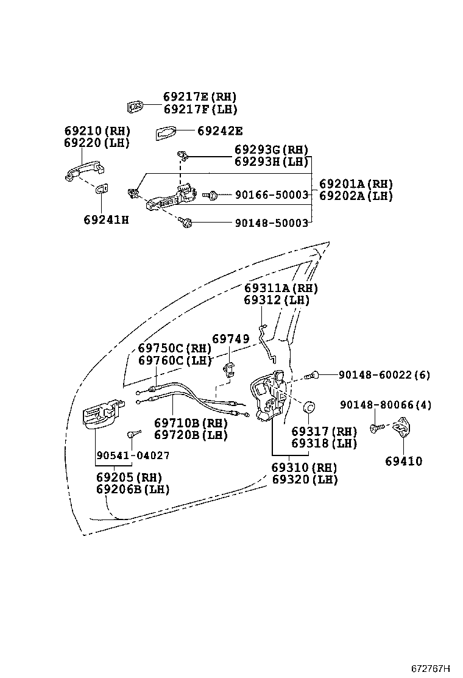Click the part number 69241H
pyautogui.click(x=106, y=220)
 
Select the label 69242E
pyautogui.click(x=220, y=130)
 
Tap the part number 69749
pyautogui.click(x=231, y=338)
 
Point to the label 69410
pyautogui.click(x=403, y=461)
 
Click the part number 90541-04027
pyautogui.click(x=133, y=455)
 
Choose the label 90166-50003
pyautogui.click(x=272, y=195)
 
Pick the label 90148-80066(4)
pyautogui.click(x=385, y=405)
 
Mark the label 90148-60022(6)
pyautogui.click(x=384, y=374)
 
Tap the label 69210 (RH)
pyautogui.click(x=97, y=130)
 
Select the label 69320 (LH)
pyautogui.click(x=305, y=479)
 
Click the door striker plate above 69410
pyautogui.click(x=401, y=427)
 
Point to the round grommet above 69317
pyautogui.click(x=309, y=407)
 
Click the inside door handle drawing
pyautogui.click(x=104, y=413)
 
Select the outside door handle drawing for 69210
pyautogui.click(x=84, y=171)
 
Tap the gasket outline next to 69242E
pyautogui.click(x=166, y=134)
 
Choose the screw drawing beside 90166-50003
pyautogui.click(x=209, y=196)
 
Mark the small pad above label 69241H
pyautogui.click(x=102, y=189)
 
